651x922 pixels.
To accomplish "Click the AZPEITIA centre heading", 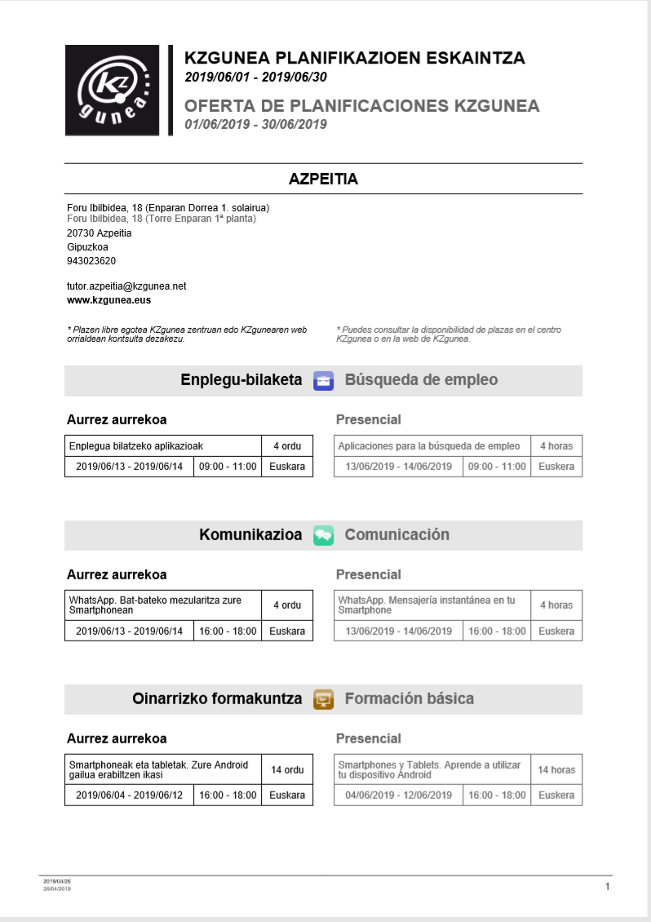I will point(323,179).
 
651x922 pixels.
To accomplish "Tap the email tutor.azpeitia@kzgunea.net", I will point(126,286).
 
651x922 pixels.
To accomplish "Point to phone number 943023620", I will point(91,261).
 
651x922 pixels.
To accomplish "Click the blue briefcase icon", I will point(323,380).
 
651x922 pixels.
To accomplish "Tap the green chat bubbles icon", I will point(323,535).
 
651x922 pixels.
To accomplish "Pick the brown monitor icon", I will point(323,699).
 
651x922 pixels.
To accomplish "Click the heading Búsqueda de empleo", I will point(421,380).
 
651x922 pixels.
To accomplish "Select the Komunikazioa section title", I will point(250,535).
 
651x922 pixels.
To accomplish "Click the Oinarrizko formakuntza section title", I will point(217,699).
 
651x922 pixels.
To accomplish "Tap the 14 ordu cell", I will point(287,769).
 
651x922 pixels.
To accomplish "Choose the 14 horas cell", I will point(556,769).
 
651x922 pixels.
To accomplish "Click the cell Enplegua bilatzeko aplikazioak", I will point(163,446).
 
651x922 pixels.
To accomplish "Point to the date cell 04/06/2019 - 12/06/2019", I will point(399,796).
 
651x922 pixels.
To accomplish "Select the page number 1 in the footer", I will point(607,887).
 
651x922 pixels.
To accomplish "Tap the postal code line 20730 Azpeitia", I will point(99,233).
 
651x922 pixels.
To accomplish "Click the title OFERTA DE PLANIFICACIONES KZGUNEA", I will point(361,106).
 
